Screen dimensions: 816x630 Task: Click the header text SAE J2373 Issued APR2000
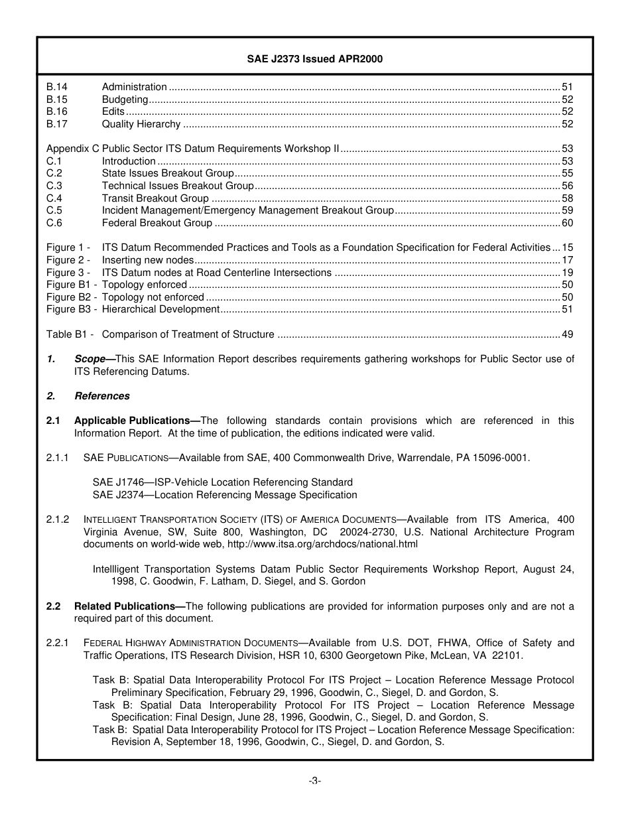[x=315, y=59]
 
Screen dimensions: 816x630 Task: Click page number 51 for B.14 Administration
[x=567, y=87]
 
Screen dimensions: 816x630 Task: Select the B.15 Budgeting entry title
[x=125, y=100]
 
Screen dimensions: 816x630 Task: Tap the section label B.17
[x=57, y=124]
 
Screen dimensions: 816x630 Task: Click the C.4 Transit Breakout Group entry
[x=155, y=198]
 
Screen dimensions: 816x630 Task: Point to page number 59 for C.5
[x=567, y=210]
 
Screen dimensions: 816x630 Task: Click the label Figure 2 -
[x=68, y=260]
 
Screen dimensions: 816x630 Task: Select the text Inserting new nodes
[x=148, y=260]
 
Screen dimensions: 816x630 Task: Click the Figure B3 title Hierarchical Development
[x=160, y=309]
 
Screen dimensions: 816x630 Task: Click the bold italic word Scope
[x=90, y=359]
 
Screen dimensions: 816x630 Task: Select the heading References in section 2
[x=102, y=396]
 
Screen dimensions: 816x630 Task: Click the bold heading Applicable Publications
[x=132, y=421]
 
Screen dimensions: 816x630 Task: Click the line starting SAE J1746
[x=222, y=482]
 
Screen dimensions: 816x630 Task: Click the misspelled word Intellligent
[x=116, y=569]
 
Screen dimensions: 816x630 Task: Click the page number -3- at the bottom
[x=315, y=781]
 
